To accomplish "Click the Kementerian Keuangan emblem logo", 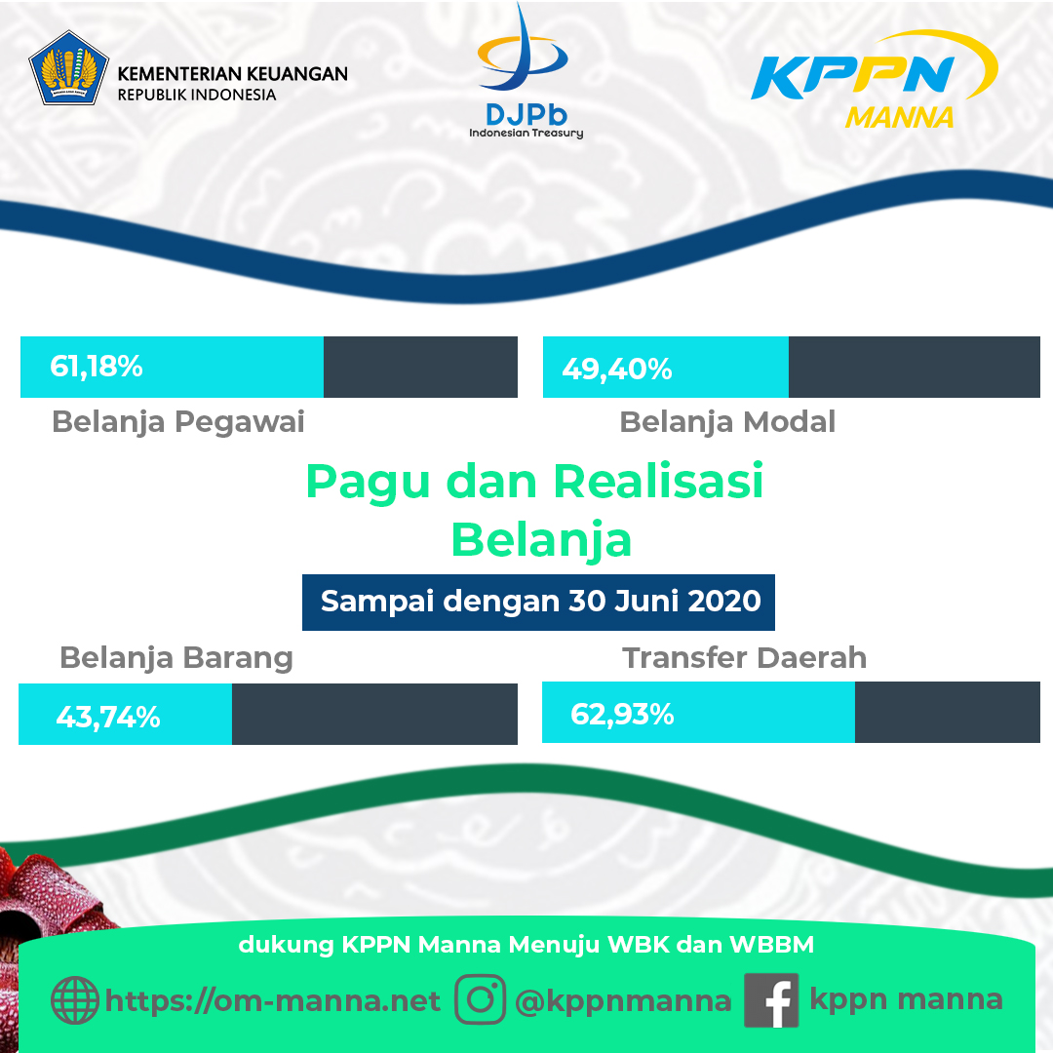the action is tap(68, 68).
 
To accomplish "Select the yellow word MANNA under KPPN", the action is tap(899, 118).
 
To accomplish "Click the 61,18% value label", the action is tap(96, 367).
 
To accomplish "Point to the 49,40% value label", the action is tap(616, 369).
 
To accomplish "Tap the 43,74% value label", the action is tap(108, 718).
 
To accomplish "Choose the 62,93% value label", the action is tap(622, 714).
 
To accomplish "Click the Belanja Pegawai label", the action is tap(178, 422).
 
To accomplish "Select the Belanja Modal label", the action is tap(727, 422).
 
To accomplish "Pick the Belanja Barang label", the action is tap(175, 658).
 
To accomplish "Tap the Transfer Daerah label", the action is tap(744, 658).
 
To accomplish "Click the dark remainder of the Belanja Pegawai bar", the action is tap(420, 367).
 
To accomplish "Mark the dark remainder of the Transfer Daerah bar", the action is tap(947, 712).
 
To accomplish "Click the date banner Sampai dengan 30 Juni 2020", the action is tap(538, 603).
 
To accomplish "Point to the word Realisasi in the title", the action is tap(658, 482).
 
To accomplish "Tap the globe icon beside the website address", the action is tap(74, 1000).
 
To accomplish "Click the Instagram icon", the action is tap(480, 999).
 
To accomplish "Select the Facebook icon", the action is tap(771, 1000).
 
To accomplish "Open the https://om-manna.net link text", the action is tap(273, 1001).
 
